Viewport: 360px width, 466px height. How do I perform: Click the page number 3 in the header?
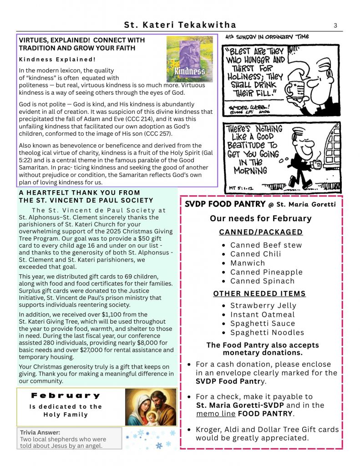point(335,25)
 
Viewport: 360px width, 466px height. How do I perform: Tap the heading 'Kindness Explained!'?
point(57,60)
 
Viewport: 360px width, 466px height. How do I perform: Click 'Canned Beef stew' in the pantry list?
point(266,245)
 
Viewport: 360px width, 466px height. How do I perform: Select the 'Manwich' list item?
point(247,263)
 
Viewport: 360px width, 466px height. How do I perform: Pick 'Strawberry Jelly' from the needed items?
point(263,305)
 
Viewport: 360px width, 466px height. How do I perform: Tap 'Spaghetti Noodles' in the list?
point(267,332)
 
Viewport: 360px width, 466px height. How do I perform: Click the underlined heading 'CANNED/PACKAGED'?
point(261,232)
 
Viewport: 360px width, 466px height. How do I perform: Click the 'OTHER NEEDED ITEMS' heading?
point(259,294)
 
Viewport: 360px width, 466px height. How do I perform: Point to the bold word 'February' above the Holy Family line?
point(66,396)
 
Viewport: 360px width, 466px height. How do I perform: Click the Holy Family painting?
point(151,407)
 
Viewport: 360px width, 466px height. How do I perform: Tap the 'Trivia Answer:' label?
point(40,433)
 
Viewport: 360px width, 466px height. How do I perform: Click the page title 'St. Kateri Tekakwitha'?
point(180,25)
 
